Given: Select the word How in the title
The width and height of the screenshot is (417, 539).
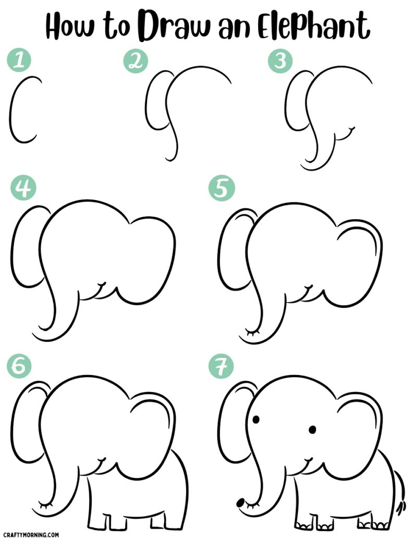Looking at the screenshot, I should [71, 26].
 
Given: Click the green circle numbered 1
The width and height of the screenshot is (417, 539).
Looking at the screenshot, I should [19, 61].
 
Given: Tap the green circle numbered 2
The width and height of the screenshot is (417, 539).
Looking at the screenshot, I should [136, 61].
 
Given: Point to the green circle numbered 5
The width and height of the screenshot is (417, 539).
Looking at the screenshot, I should [220, 189].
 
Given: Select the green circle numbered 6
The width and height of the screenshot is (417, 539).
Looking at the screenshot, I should [19, 366].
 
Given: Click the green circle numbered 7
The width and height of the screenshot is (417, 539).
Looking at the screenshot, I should [220, 367].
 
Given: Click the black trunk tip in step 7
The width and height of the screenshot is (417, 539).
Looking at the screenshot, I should [240, 503].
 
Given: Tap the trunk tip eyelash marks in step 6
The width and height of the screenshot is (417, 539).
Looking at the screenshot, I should [46, 504].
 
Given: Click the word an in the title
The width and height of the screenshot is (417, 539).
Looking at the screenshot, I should [231, 27].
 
